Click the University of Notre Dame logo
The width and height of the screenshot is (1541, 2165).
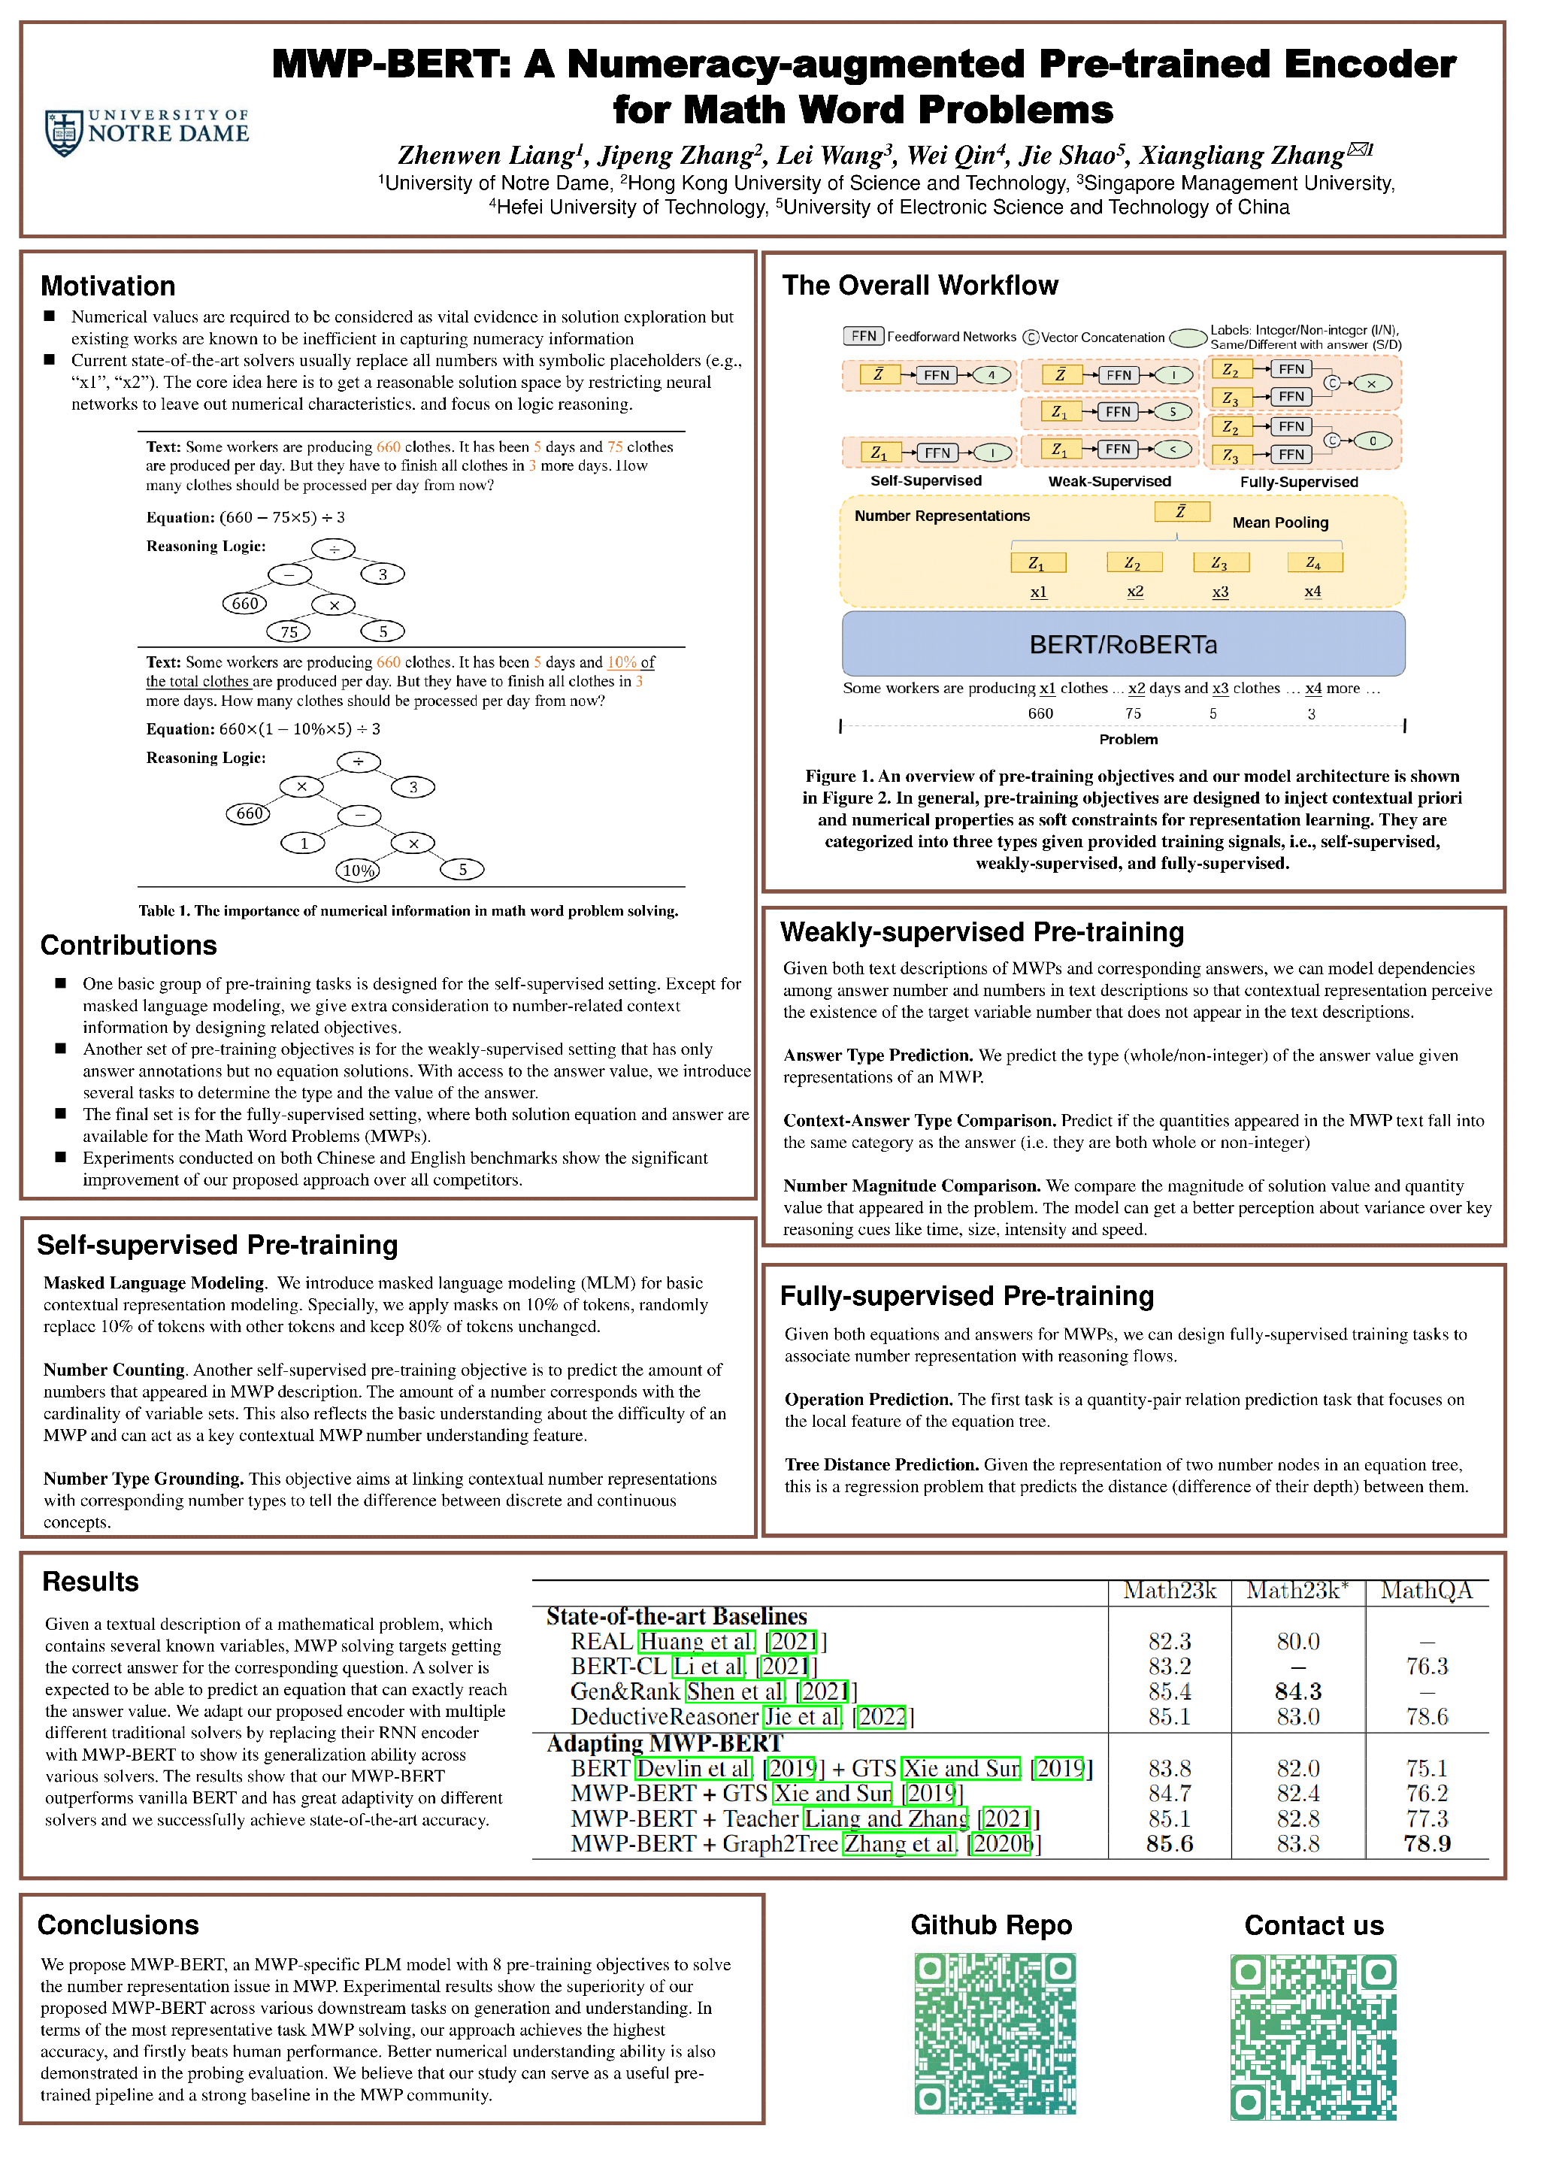147,131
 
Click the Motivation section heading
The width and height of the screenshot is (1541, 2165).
107,286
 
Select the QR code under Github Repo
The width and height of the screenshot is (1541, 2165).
994,2033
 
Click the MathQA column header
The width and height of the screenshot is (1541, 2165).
1426,1591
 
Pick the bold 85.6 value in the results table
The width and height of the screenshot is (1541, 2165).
1169,1843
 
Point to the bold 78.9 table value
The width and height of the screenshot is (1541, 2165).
1427,1843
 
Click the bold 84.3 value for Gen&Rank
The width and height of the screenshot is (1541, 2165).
1298,1691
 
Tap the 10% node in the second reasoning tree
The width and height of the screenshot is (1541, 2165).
359,870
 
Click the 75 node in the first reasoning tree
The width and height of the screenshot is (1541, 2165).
289,631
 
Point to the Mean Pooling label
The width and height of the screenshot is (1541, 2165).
1280,522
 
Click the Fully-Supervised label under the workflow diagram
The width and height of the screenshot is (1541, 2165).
1298,482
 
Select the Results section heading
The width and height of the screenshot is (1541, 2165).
90,1582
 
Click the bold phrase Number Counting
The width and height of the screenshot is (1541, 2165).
114,1370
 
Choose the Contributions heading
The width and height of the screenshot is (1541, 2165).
128,945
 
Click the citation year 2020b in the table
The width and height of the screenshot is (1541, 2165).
1003,1843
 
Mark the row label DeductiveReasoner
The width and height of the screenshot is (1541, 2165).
665,1717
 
